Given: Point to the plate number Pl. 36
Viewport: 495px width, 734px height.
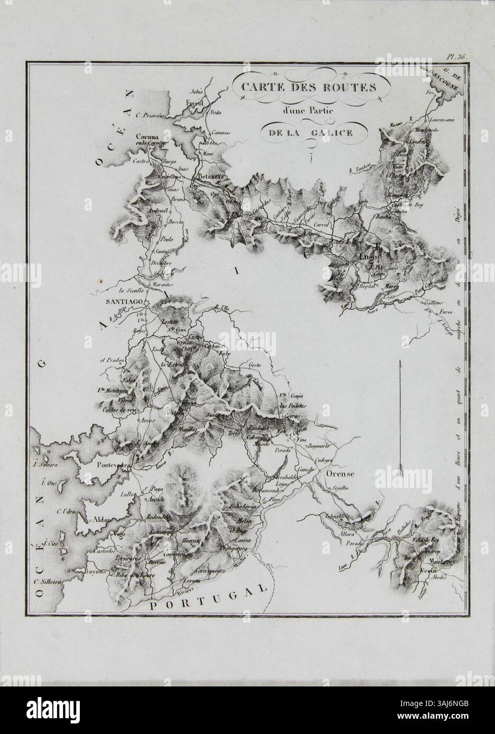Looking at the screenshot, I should (x=454, y=56).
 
